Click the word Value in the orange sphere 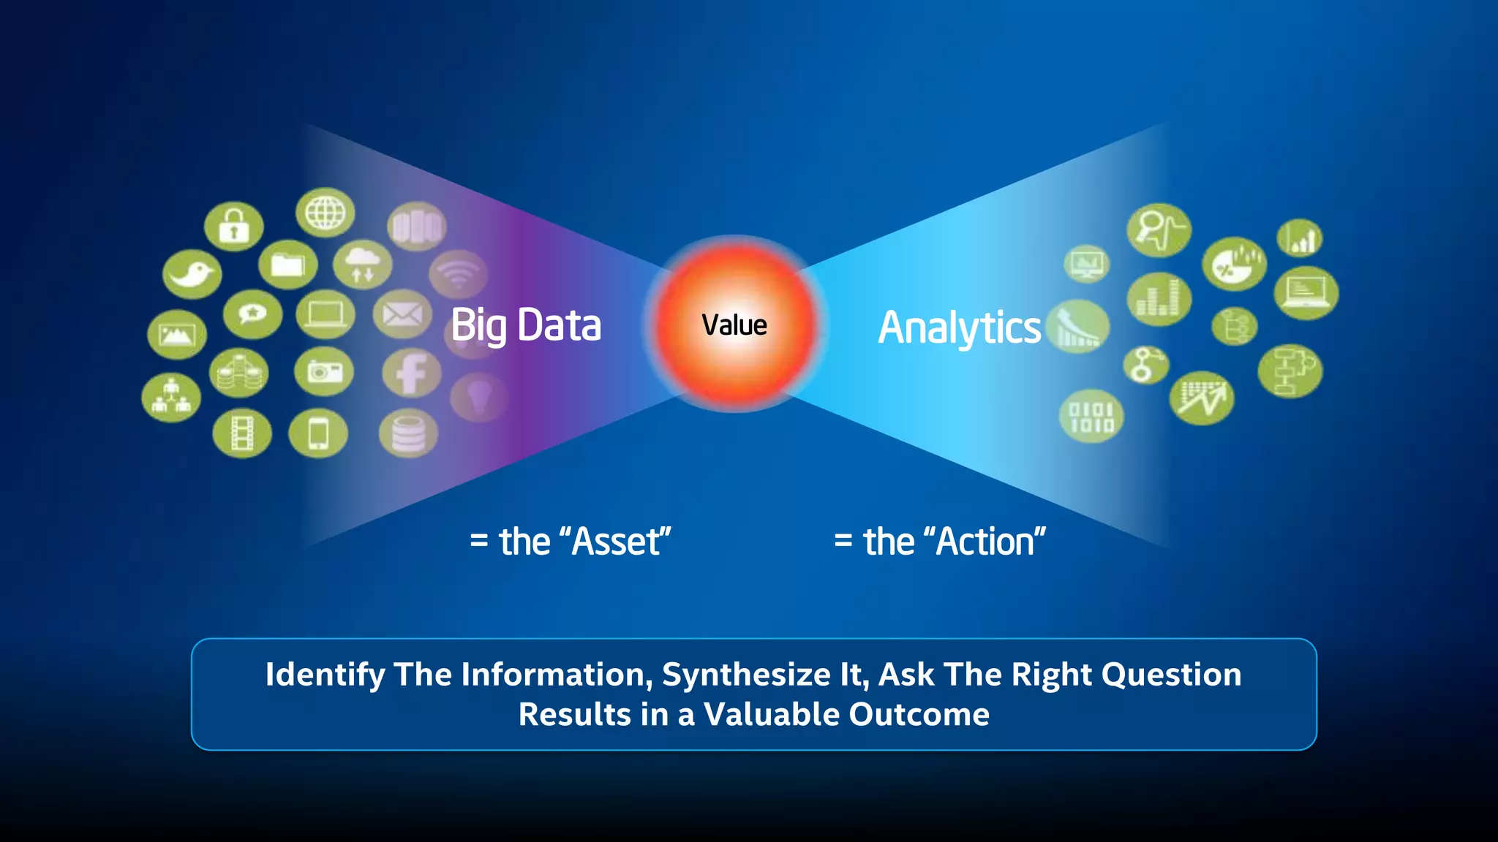tap(734, 325)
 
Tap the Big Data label tap(526, 325)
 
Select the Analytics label tap(959, 327)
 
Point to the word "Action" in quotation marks tap(985, 542)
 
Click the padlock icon tap(233, 227)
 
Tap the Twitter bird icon tap(192, 274)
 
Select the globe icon tap(325, 213)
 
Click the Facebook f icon tap(411, 373)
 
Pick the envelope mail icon tap(402, 314)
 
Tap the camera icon tap(324, 371)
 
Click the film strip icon tap(242, 433)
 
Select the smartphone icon tap(318, 433)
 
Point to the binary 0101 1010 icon tap(1091, 417)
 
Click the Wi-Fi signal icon tap(459, 275)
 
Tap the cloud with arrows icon tap(363, 264)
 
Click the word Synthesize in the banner tap(746, 675)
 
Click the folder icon tap(287, 264)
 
